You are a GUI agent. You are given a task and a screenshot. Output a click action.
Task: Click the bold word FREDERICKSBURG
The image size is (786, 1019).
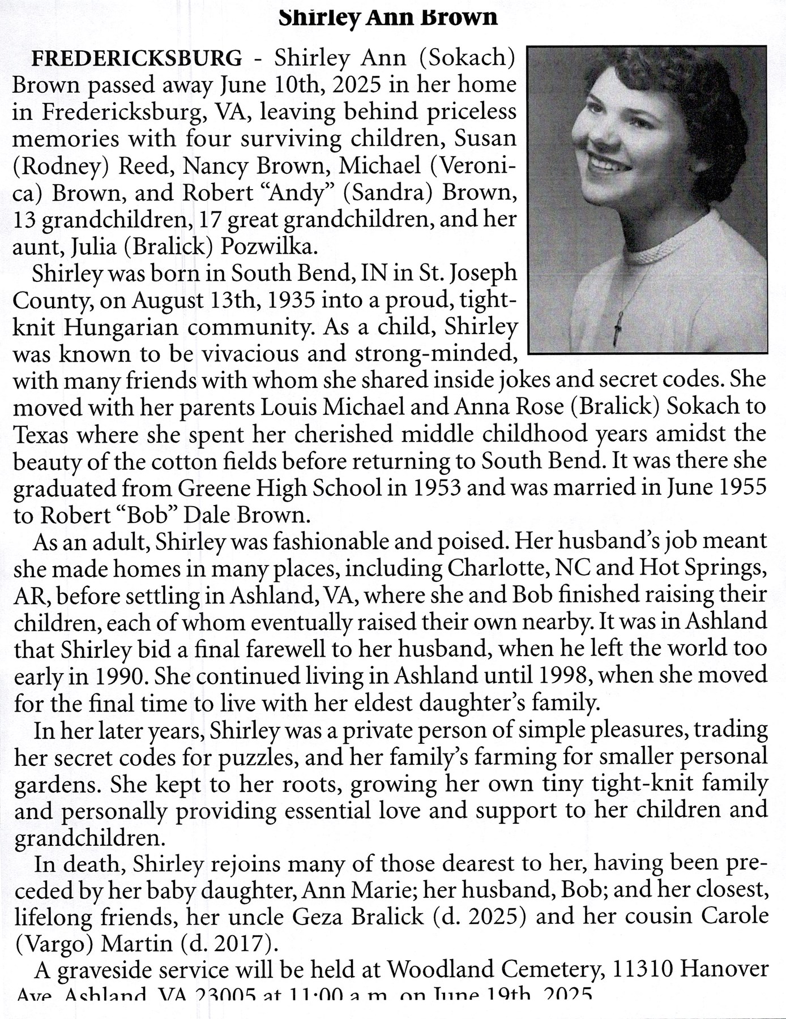(x=137, y=58)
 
